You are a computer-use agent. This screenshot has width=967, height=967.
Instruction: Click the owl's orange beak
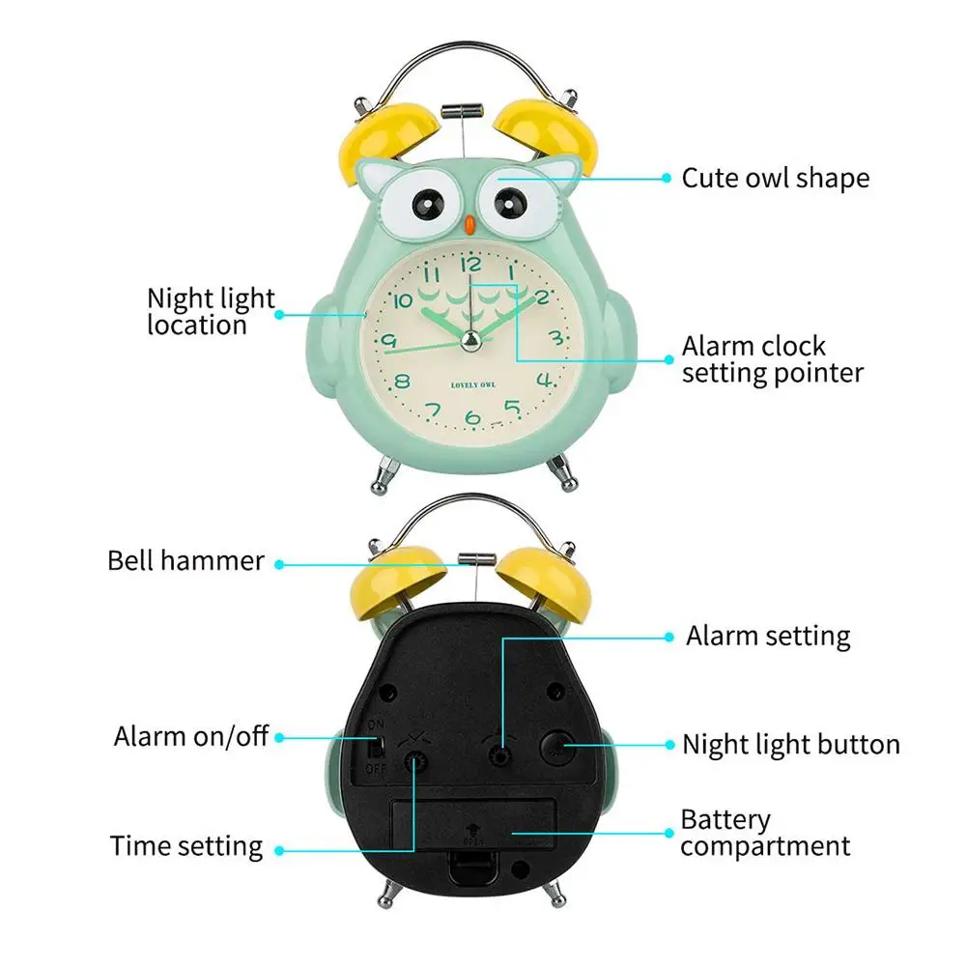[468, 225]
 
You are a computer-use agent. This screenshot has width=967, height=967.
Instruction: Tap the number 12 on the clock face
[471, 264]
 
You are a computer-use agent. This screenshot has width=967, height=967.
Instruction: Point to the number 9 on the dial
[389, 340]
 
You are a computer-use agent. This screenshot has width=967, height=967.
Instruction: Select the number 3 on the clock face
[555, 337]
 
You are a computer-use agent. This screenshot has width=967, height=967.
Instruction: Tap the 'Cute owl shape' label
[775, 178]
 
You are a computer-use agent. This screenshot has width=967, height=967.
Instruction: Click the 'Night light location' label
[211, 311]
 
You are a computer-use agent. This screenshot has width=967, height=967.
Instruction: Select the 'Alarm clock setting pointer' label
[772, 359]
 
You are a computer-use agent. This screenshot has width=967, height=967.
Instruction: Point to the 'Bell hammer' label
[185, 560]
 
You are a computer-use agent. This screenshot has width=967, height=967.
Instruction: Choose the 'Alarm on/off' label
[190, 736]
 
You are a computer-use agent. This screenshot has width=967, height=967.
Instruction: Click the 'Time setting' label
[185, 846]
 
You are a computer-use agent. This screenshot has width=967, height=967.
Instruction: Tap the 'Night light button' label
[790, 744]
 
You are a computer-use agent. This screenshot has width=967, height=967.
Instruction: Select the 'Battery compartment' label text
[765, 833]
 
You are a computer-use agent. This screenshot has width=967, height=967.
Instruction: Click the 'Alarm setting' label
[768, 636]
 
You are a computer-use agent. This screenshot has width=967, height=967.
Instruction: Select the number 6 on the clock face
[472, 418]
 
